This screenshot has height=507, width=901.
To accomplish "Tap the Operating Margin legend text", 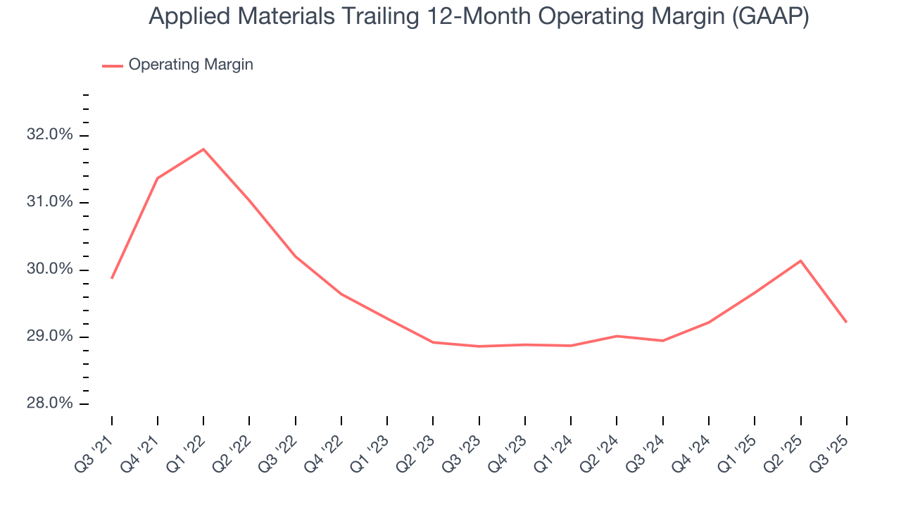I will click(x=191, y=65).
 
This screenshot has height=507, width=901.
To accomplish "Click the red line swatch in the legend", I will click(x=113, y=65).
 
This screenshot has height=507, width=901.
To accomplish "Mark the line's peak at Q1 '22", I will click(x=203, y=149).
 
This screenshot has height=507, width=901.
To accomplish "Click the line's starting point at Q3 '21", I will click(x=112, y=278).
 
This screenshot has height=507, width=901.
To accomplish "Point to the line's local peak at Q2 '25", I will click(x=800, y=261).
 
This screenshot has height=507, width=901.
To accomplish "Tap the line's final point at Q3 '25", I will click(x=846, y=322).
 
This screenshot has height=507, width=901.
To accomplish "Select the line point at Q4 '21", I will click(x=158, y=178).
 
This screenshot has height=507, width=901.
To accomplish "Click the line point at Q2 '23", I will click(x=433, y=342).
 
